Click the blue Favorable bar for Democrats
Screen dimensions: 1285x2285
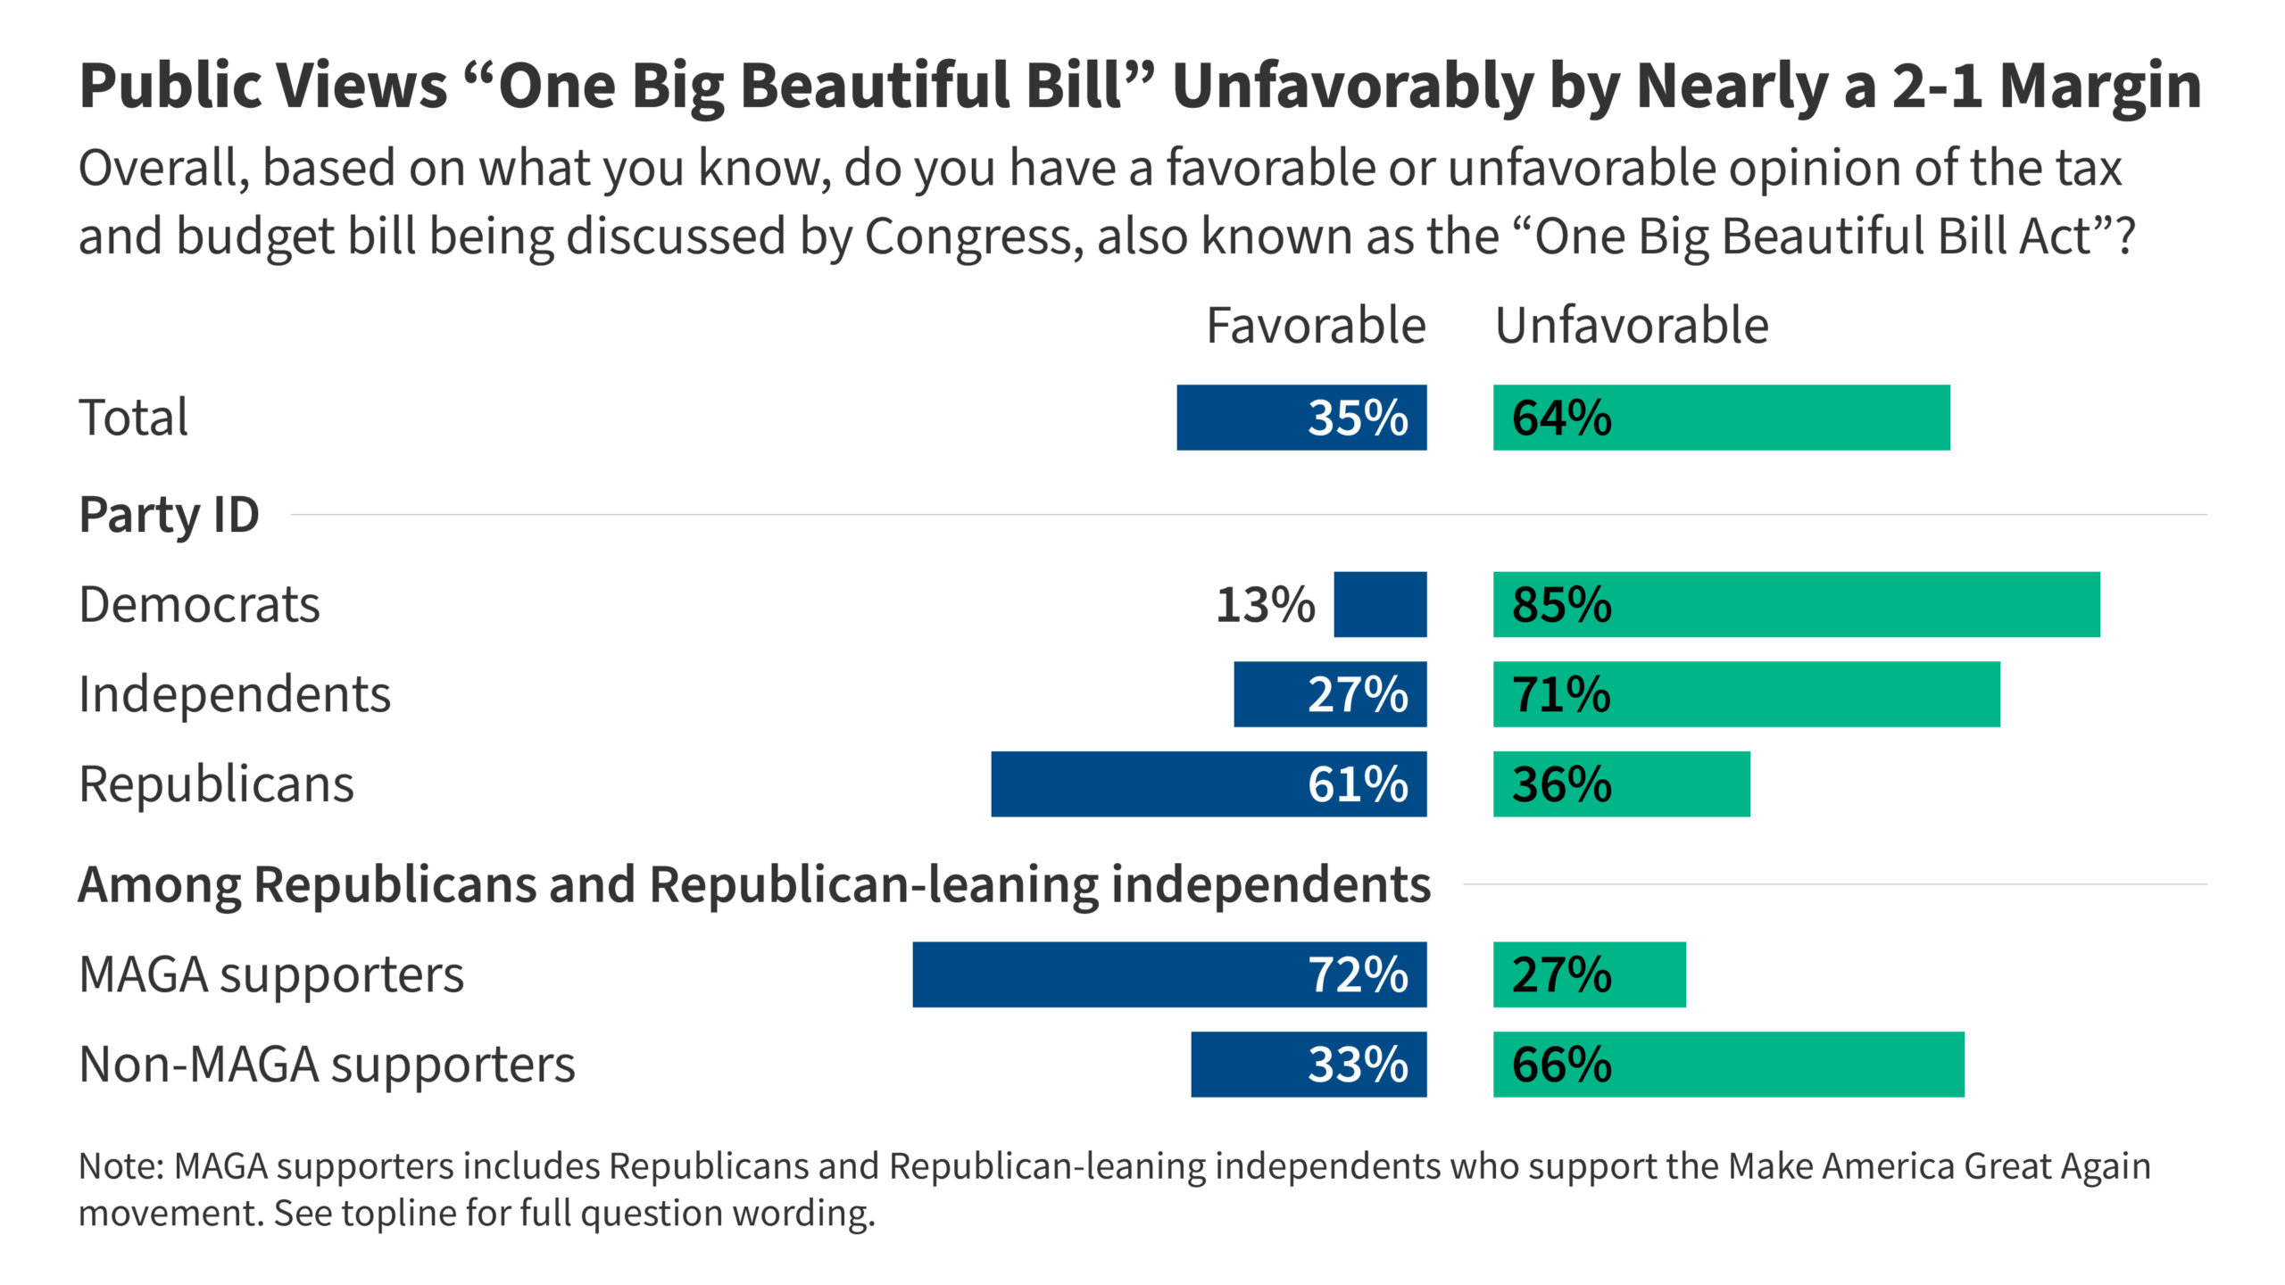[1380, 604]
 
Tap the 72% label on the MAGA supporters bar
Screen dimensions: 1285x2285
[1358, 974]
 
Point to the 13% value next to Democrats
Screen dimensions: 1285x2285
[1265, 605]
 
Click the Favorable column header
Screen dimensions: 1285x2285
[1316, 325]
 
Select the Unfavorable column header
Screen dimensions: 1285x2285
[1632, 325]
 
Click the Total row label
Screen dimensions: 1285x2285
[134, 418]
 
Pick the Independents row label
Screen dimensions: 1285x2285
[235, 694]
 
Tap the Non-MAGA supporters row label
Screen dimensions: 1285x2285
[327, 1065]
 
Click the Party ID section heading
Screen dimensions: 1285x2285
[170, 515]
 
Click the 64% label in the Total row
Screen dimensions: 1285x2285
[1561, 418]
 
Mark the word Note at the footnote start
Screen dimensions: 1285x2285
[120, 1166]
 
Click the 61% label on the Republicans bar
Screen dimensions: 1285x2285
[1358, 784]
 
